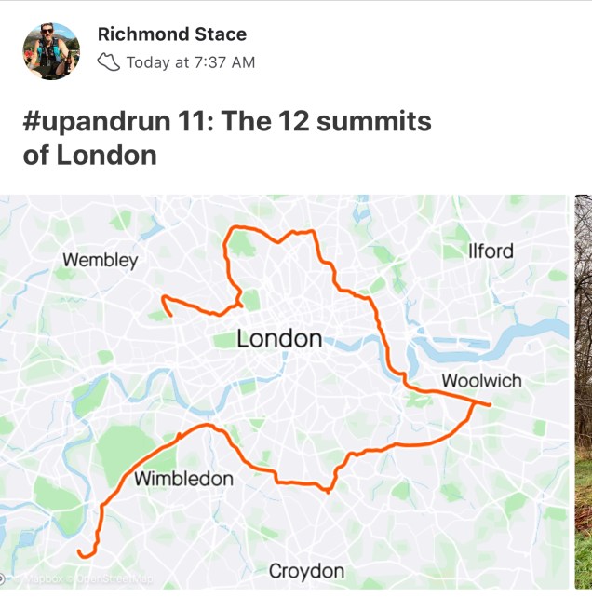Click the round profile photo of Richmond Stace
[x=51, y=51]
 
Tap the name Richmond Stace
[x=171, y=34]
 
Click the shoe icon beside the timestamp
[x=109, y=62]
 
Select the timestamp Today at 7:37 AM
[x=190, y=62]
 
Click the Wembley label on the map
[x=100, y=260]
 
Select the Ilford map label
[x=491, y=251]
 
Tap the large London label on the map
[x=279, y=339]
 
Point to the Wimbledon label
[x=183, y=479]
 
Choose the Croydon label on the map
[x=306, y=570]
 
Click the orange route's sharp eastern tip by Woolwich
[x=489, y=404]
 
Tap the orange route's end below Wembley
[x=170, y=315]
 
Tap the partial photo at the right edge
[x=583, y=391]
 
